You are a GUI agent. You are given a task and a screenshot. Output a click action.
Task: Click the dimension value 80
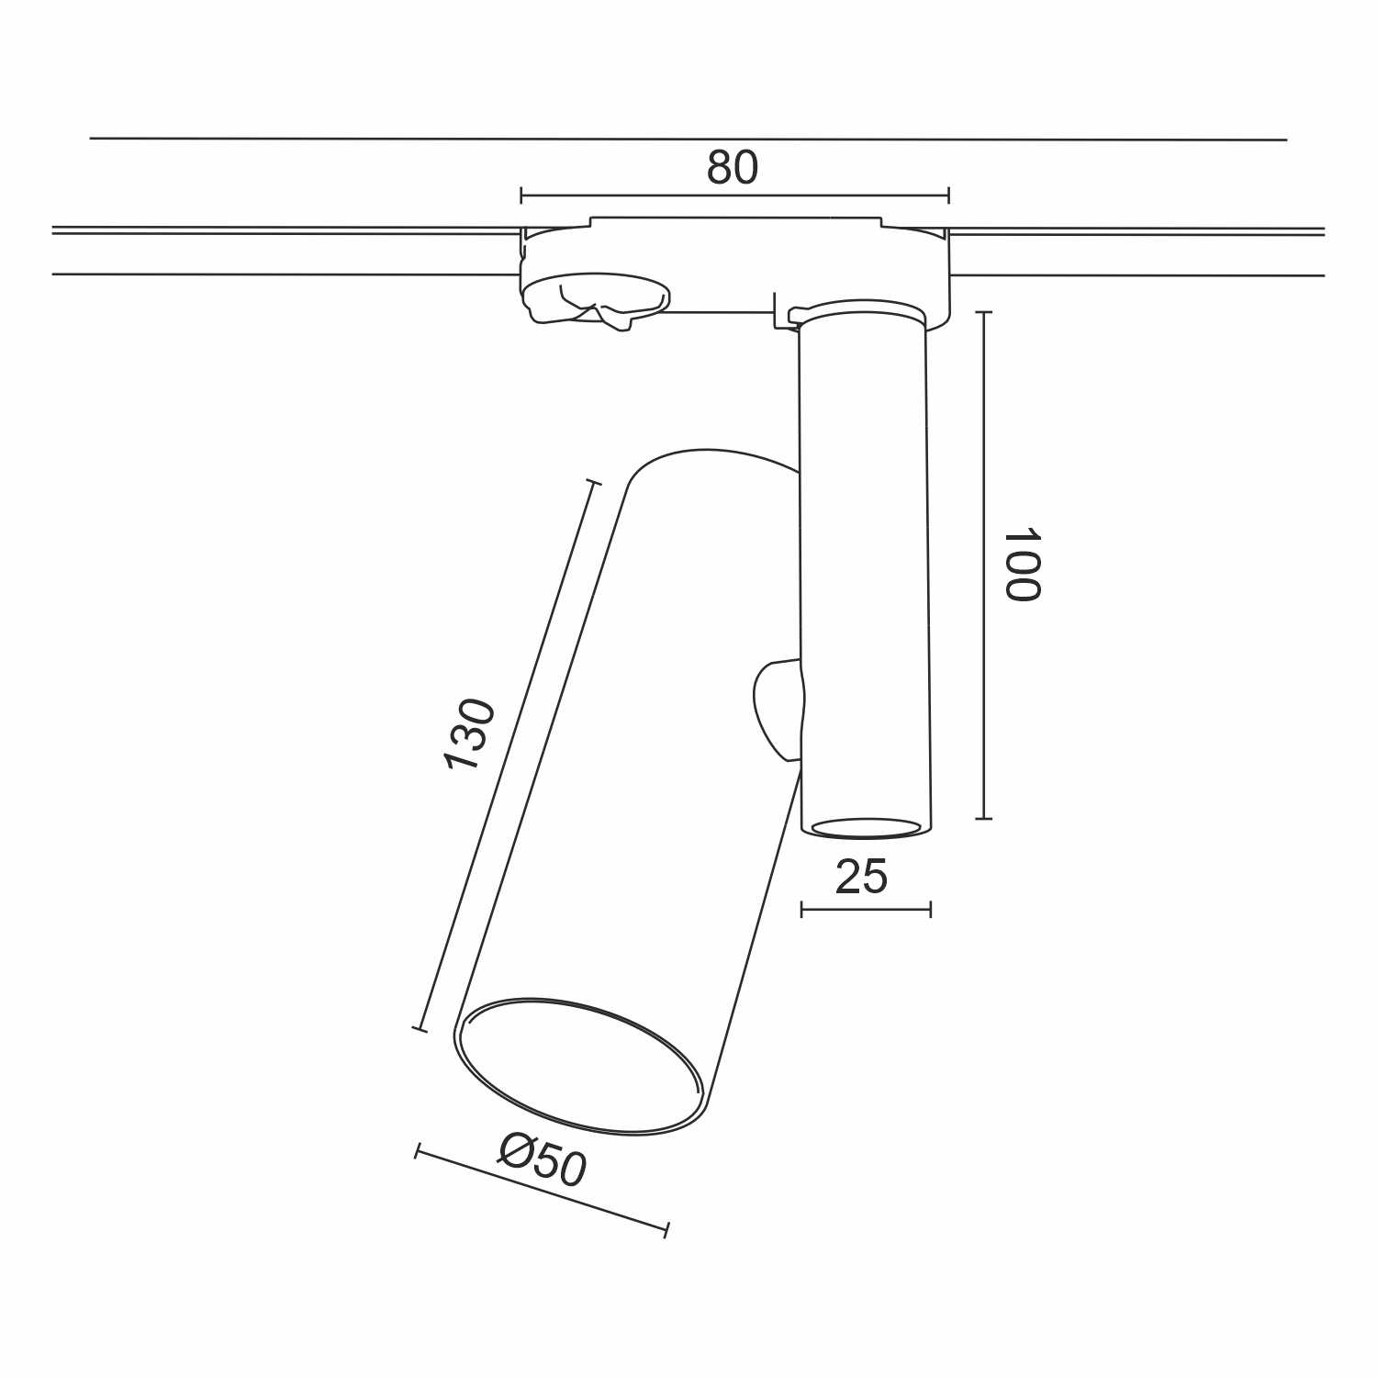pos(733,168)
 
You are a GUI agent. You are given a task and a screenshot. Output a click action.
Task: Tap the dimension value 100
pos(1021,565)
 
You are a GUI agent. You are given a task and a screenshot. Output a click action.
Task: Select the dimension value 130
pos(469,734)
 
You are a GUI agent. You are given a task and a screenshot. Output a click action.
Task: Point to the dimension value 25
pos(862,877)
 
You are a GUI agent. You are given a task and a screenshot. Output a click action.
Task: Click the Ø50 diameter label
pos(543,1159)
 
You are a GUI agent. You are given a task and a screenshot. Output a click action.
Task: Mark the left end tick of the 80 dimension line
pos(521,195)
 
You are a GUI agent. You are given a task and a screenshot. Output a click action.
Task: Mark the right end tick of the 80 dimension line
pos(948,195)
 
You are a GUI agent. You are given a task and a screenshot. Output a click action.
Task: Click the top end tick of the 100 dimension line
pos(984,313)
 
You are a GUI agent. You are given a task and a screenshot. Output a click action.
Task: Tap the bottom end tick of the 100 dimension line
pos(984,817)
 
